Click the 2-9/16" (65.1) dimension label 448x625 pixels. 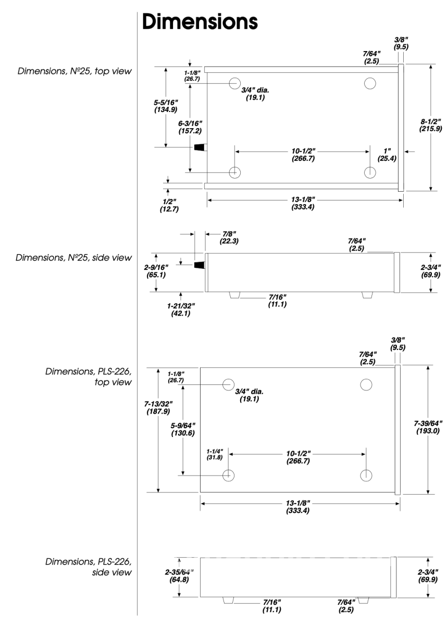(x=156, y=271)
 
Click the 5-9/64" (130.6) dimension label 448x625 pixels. (x=183, y=429)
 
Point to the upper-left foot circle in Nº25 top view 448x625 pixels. (x=234, y=83)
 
